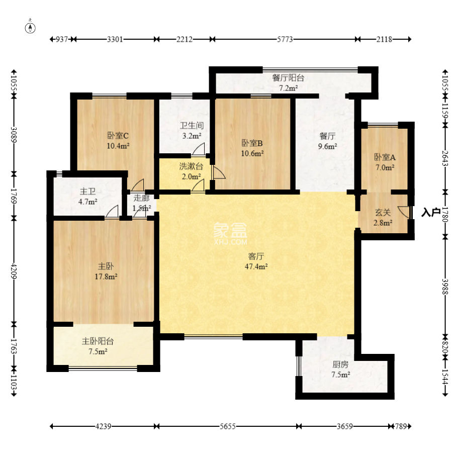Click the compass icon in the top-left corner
(x=30, y=27)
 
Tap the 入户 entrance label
(x=431, y=213)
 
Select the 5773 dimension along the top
(x=285, y=39)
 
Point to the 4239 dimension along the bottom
(x=103, y=426)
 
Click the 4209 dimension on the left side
(x=14, y=270)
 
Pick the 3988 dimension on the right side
(x=445, y=287)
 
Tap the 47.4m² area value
(x=256, y=266)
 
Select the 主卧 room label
(x=106, y=266)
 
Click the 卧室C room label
(x=118, y=136)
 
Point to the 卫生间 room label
(x=192, y=126)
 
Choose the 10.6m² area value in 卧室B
(x=252, y=153)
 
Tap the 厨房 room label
(x=340, y=364)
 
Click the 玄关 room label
(x=383, y=213)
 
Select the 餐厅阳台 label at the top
(x=288, y=78)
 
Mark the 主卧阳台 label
(x=98, y=341)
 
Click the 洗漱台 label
(x=191, y=166)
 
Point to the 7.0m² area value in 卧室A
(x=385, y=167)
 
